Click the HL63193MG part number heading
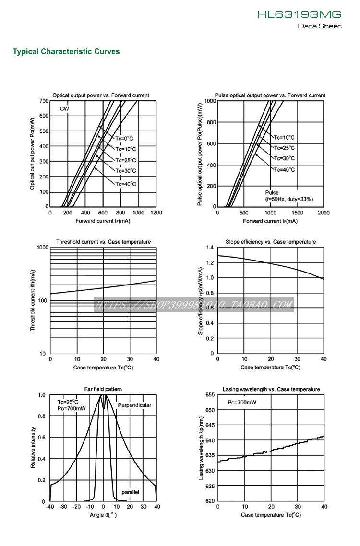click(x=299, y=15)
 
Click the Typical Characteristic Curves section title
click(x=66, y=52)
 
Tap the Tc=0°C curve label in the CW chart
click(x=125, y=139)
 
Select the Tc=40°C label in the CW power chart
click(x=126, y=184)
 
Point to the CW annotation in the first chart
click(x=64, y=109)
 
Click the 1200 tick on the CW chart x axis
click(x=156, y=213)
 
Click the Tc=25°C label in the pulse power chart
click(x=284, y=148)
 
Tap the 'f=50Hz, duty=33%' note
click(x=289, y=199)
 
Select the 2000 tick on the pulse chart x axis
click(x=324, y=213)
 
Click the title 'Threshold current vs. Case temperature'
click(x=103, y=242)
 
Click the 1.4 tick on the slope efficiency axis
click(x=209, y=248)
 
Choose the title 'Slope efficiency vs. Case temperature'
click(x=271, y=242)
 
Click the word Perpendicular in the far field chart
click(x=134, y=405)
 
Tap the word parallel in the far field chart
click(x=130, y=493)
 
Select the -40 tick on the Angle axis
click(x=50, y=507)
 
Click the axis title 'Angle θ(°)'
click(x=103, y=515)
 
